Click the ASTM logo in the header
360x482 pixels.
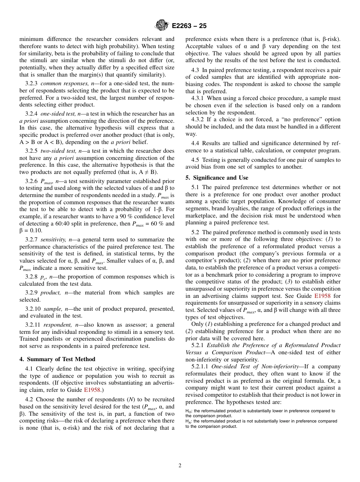coord(162,25)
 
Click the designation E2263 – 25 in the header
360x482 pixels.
coord(189,26)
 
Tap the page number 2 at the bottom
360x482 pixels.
coord(180,466)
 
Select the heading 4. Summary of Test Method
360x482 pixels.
coord(57,359)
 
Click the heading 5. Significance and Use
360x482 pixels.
coord(217,178)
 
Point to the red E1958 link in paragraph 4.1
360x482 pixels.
coord(92,390)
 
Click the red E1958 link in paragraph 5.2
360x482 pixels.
coord(322,296)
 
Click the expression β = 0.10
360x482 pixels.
coord(31,231)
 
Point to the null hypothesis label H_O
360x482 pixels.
coord(188,411)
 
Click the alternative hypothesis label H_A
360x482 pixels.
coord(188,421)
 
